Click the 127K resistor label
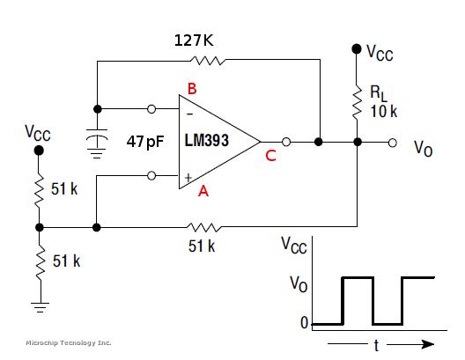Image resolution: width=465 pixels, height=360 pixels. click(194, 40)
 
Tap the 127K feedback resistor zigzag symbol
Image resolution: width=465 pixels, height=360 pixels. click(208, 61)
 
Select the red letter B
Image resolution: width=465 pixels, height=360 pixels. click(192, 89)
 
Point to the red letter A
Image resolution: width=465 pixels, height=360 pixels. click(203, 191)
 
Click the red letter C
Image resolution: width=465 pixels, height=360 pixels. click(270, 156)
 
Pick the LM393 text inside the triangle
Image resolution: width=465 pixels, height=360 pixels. click(207, 141)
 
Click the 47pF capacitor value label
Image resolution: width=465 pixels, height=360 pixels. click(145, 142)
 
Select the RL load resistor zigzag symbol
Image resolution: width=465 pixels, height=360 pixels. click(357, 102)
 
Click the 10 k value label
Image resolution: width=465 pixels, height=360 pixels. click(383, 112)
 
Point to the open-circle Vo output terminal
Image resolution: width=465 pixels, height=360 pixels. click(393, 143)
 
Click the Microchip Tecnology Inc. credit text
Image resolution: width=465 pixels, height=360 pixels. click(69, 342)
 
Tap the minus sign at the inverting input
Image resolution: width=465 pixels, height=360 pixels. click(190, 114)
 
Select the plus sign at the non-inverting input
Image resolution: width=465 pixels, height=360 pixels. click(188, 178)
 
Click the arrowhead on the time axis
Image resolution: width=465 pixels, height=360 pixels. click(428, 344)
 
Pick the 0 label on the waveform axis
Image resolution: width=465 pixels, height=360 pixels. click(305, 323)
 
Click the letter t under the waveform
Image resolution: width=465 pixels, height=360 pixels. click(376, 346)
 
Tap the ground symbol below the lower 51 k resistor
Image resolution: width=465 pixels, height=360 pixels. click(40, 307)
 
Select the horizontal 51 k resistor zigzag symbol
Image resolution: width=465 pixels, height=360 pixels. click(204, 228)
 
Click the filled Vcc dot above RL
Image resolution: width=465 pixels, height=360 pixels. click(357, 48)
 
